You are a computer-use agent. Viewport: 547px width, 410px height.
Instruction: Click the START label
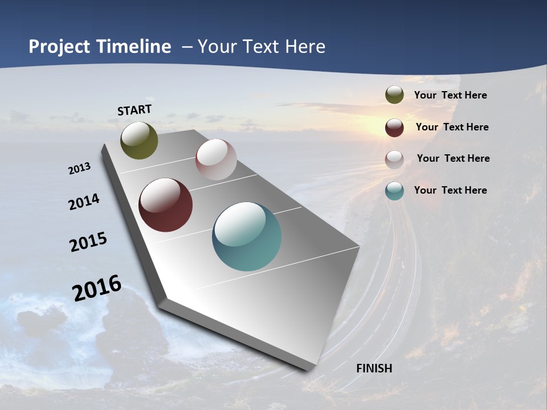coord(134,109)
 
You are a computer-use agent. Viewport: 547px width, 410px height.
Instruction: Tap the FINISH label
coord(374,368)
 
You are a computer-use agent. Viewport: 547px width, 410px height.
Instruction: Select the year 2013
coord(79,168)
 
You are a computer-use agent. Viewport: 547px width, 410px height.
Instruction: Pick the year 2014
coord(84,202)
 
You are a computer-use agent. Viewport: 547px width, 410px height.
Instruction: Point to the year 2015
coord(88,242)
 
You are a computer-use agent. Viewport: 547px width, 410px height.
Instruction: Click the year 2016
coord(97,288)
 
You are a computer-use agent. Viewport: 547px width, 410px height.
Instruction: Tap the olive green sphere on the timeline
coord(139,140)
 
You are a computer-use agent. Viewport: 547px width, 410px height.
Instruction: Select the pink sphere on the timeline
coord(216,159)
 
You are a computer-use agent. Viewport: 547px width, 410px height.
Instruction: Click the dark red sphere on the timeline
coord(165,205)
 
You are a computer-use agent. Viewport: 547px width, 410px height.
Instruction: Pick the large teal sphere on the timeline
coord(247,236)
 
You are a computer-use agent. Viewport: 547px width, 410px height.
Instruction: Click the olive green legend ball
coord(394,95)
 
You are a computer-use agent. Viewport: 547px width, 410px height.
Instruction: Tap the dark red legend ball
coord(394,128)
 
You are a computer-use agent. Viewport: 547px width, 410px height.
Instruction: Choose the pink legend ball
coord(394,159)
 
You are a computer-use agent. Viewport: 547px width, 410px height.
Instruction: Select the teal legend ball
coord(394,191)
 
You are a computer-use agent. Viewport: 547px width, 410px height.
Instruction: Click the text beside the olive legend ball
coord(450,95)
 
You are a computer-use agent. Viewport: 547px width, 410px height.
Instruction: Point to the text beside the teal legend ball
coord(450,190)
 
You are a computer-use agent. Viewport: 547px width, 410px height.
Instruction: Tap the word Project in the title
coord(60,47)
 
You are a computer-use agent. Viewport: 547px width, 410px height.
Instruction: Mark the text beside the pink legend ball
coord(453,158)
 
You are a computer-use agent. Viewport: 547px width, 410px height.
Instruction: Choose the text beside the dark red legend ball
coord(452,127)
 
